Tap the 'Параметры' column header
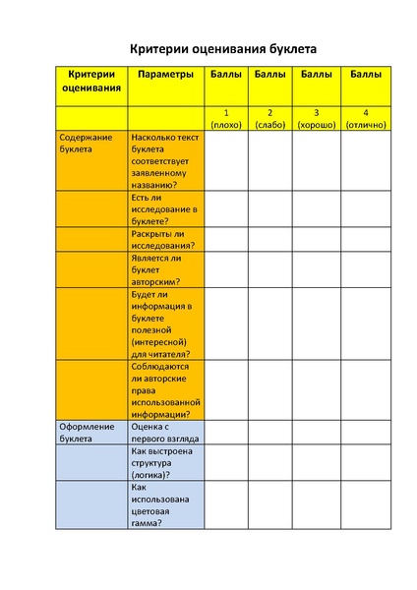click(164, 74)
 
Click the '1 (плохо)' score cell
click(227, 118)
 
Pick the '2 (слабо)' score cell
click(269, 118)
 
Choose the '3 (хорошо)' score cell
click(316, 118)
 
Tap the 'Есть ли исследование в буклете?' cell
click(164, 209)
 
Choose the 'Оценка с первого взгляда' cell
click(164, 433)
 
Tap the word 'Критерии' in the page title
click(160, 48)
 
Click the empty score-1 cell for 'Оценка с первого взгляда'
click(227, 433)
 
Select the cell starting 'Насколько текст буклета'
click(165, 160)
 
